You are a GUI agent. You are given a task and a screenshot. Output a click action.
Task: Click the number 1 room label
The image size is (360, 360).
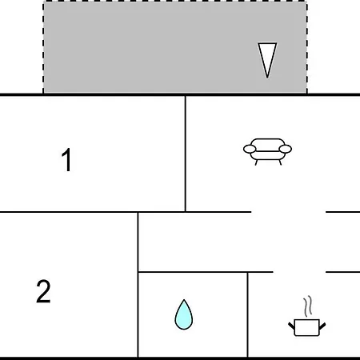(x=66, y=160)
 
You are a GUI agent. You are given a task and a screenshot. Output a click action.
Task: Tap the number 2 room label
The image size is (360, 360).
(x=43, y=291)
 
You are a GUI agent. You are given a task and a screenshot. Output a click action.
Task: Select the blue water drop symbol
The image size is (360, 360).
(x=184, y=314)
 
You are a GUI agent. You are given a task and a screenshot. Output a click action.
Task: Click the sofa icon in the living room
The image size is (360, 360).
(x=267, y=151)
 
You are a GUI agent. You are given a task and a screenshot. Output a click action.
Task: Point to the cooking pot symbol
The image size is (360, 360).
(x=307, y=327)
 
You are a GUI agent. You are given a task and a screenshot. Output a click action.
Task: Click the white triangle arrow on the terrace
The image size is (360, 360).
(x=267, y=58)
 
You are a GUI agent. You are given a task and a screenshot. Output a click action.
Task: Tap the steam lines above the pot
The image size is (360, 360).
(x=308, y=306)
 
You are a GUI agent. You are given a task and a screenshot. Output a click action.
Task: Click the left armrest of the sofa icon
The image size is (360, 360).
(x=250, y=149)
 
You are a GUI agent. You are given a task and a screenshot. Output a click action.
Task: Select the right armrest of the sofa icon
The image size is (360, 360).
(x=286, y=149)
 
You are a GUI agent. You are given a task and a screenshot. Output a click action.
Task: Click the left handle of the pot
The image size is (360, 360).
(x=291, y=326)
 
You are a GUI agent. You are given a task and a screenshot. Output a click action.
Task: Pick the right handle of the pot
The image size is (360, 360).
(x=322, y=326)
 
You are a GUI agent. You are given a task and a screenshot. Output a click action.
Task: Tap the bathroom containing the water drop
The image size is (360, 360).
(x=193, y=314)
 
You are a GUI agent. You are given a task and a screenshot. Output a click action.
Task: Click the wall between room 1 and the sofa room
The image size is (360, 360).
(x=186, y=154)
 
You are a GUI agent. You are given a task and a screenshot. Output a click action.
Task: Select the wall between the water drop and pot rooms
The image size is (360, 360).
(x=248, y=314)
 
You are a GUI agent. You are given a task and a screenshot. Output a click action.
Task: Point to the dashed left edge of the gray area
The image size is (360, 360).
(x=43, y=47)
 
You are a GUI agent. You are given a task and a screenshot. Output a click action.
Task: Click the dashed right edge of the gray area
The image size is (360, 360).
(x=307, y=47)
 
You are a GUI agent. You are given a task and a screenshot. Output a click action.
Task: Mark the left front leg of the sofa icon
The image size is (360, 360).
(x=256, y=162)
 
